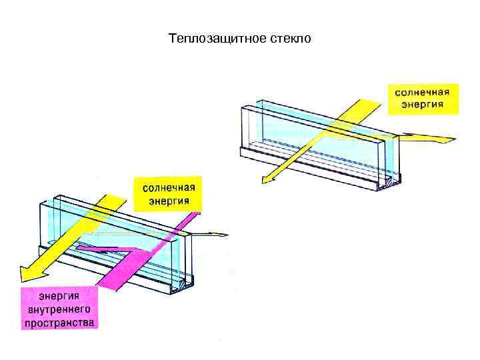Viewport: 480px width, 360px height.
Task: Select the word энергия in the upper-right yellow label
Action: pyautogui.click(x=423, y=104)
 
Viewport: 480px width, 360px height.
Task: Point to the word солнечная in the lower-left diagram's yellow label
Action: pyautogui.click(x=168, y=187)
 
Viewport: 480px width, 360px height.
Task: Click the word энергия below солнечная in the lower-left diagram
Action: pyautogui.click(x=168, y=199)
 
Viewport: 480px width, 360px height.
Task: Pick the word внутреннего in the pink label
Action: pyautogui.click(x=60, y=310)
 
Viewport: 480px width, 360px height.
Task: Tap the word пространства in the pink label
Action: pyautogui.click(x=60, y=323)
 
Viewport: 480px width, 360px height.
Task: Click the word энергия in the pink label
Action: pyautogui.click(x=60, y=297)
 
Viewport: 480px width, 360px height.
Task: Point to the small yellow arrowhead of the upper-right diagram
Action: pyautogui.click(x=266, y=179)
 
